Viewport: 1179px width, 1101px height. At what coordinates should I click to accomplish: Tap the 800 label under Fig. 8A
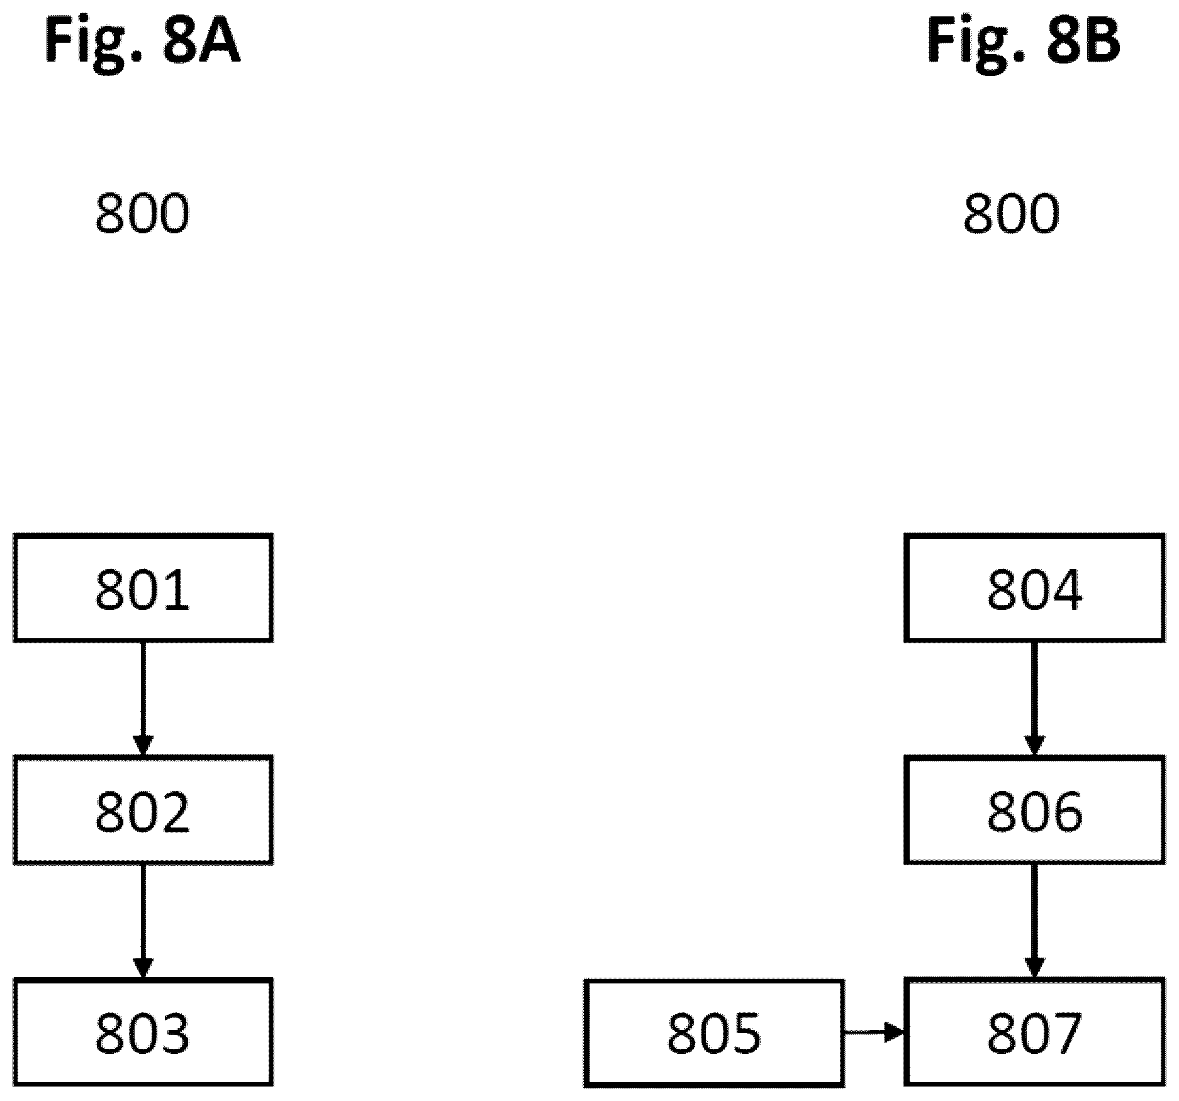tap(142, 214)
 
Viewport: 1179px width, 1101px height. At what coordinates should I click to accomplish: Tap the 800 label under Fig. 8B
tap(1011, 214)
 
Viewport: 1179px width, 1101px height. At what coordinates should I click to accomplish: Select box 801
tap(143, 588)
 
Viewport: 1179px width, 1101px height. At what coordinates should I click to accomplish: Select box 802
tap(143, 810)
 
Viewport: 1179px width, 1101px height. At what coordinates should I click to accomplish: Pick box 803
tap(143, 1032)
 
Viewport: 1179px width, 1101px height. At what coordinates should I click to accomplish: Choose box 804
tap(1034, 588)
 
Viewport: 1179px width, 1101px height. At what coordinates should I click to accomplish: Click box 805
tap(714, 1032)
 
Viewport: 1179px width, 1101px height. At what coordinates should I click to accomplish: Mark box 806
tap(1034, 810)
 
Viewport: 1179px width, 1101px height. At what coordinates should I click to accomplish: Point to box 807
tap(1034, 1032)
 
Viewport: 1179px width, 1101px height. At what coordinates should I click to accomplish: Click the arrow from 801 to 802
tap(143, 699)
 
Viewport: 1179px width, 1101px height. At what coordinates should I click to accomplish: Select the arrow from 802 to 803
tap(143, 921)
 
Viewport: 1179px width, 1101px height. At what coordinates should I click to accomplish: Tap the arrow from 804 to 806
tap(1034, 699)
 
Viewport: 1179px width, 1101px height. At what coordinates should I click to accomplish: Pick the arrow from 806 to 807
tap(1034, 921)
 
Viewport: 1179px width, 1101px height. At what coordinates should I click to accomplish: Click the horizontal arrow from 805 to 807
tap(874, 1032)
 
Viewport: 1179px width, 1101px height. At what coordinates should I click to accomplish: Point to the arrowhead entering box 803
tap(143, 969)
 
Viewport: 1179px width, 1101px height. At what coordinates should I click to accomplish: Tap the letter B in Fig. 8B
tap(1100, 41)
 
